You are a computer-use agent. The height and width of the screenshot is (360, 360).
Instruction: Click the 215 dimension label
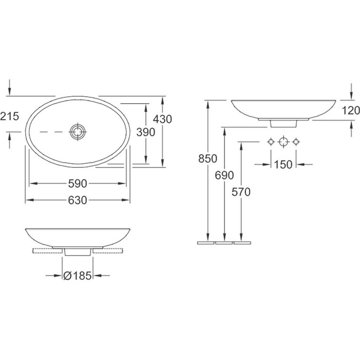pos(10,116)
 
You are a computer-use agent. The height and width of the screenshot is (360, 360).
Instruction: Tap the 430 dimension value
pos(163,119)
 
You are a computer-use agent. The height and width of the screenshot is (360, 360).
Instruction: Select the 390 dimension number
pos(146,132)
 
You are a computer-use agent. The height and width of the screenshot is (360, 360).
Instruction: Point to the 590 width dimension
pos(78,184)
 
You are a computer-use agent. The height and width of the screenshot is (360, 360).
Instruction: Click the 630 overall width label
pos(78,200)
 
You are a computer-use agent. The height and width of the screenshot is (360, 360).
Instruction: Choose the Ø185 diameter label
pos(77,275)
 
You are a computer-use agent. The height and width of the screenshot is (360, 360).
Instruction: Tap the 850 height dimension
pos(208,159)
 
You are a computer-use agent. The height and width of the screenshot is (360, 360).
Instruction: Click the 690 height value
pos(224,175)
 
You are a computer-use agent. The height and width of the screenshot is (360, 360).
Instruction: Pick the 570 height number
pos(241,192)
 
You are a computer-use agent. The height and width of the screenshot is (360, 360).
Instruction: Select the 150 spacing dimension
pos(283,165)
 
